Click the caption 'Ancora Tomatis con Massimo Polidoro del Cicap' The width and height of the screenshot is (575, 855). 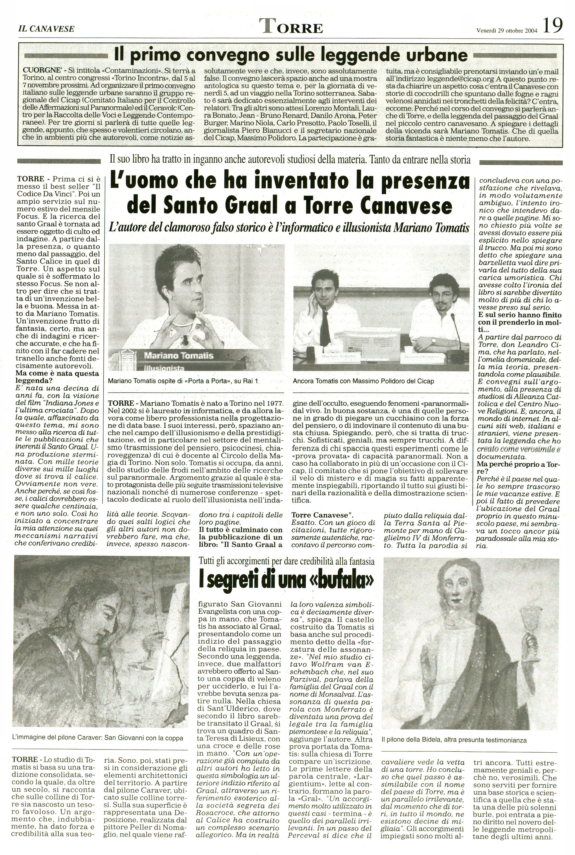[364, 381]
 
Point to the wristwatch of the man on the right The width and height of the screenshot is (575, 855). [434, 340]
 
